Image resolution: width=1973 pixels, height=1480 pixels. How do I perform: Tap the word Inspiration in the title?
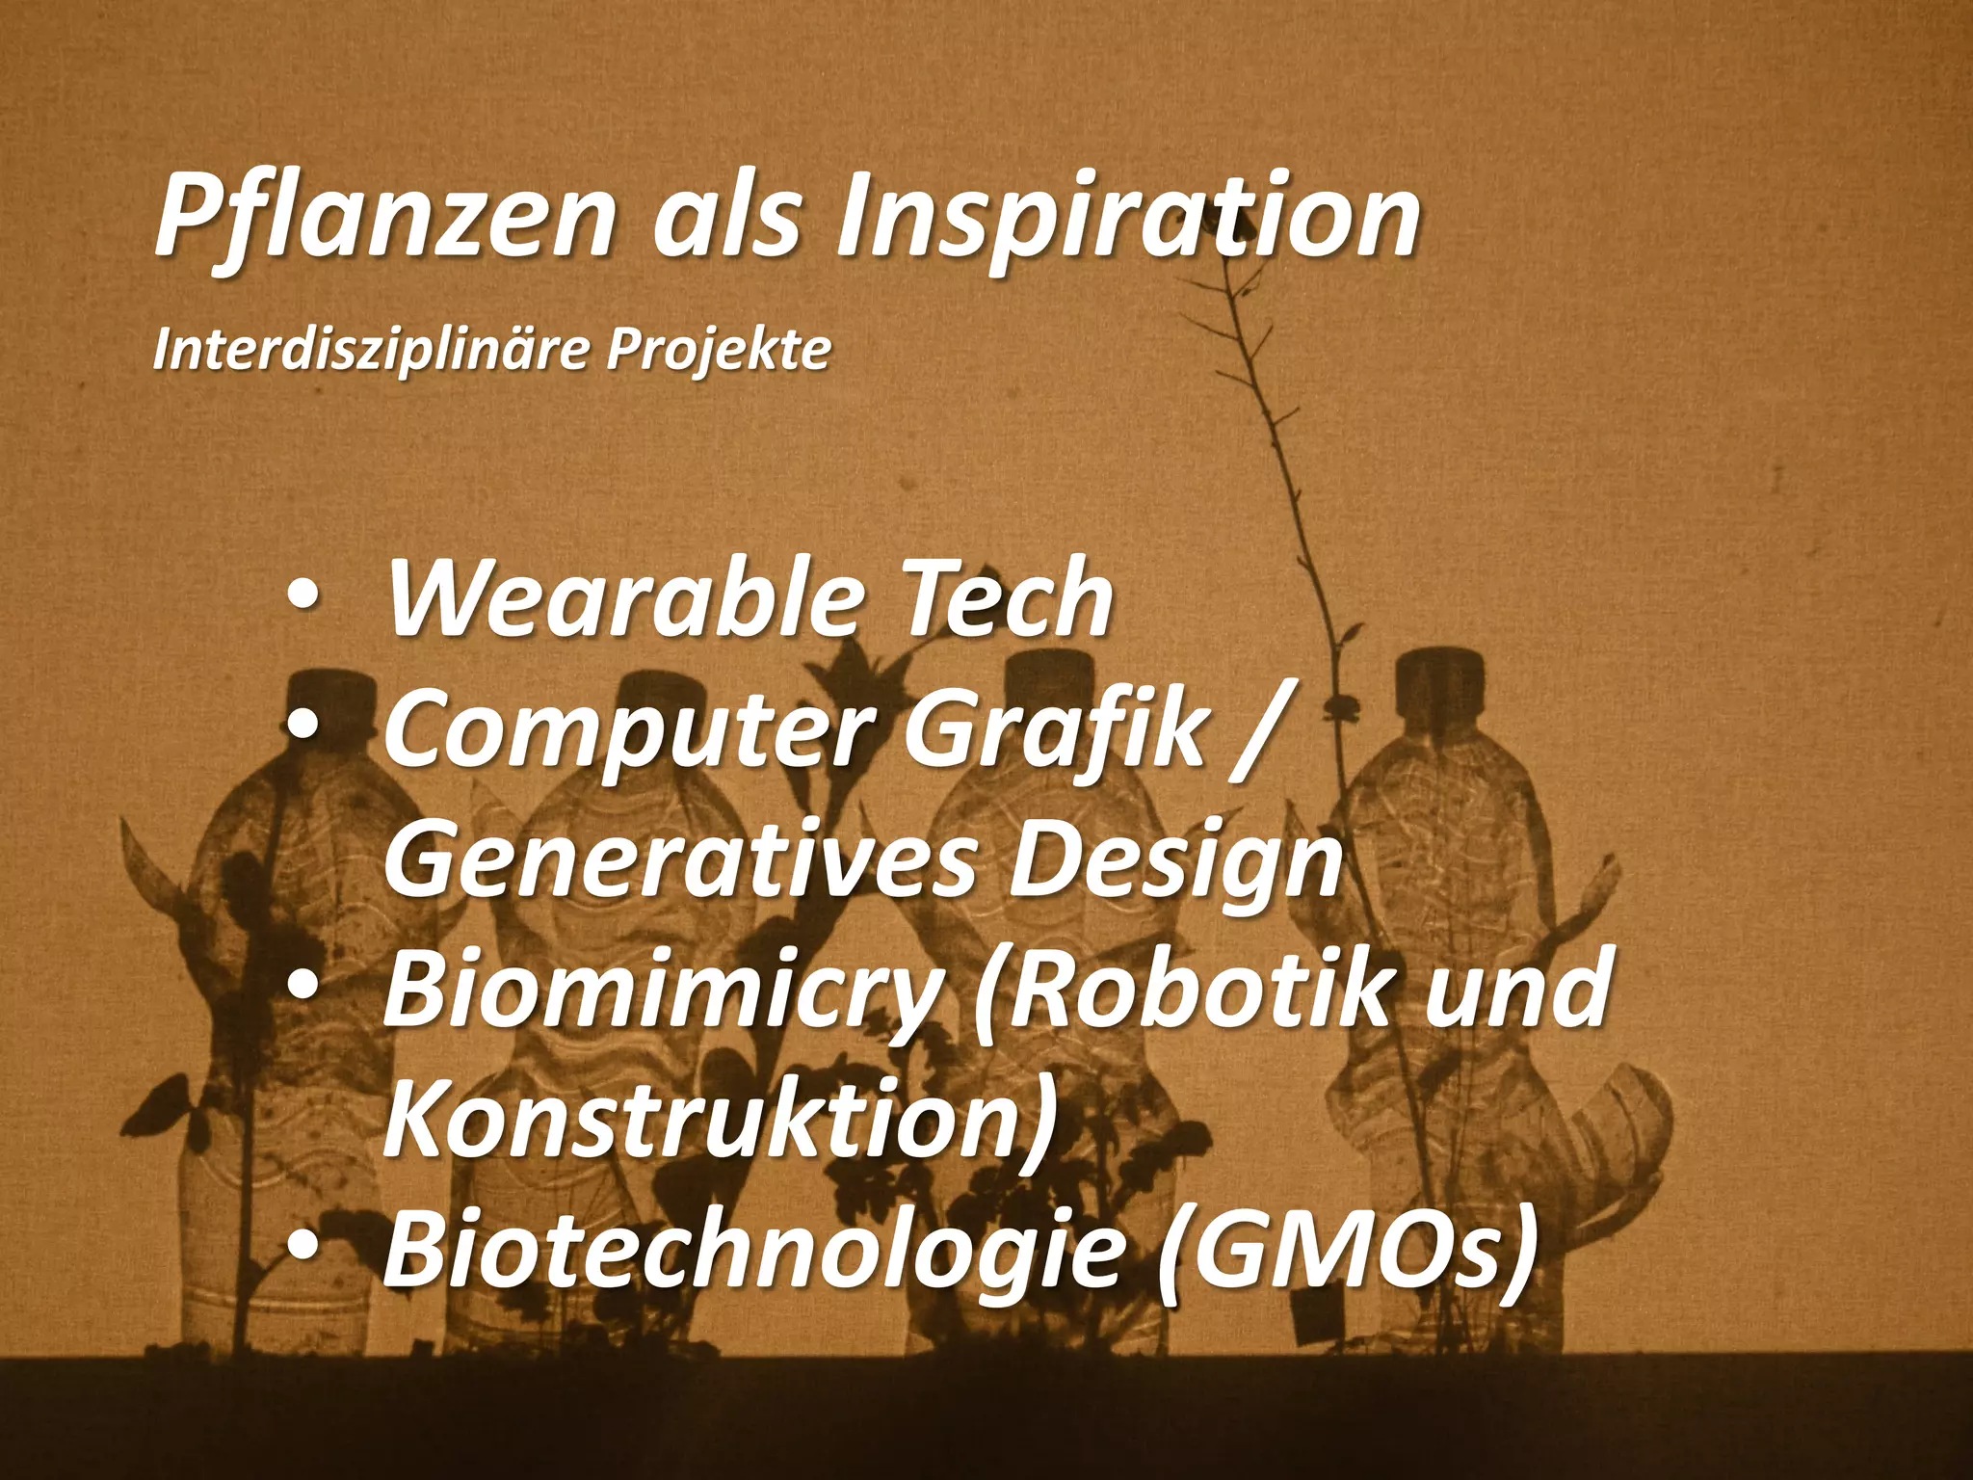tap(1127, 217)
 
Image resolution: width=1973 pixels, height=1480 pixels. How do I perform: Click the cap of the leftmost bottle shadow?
tap(330, 694)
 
